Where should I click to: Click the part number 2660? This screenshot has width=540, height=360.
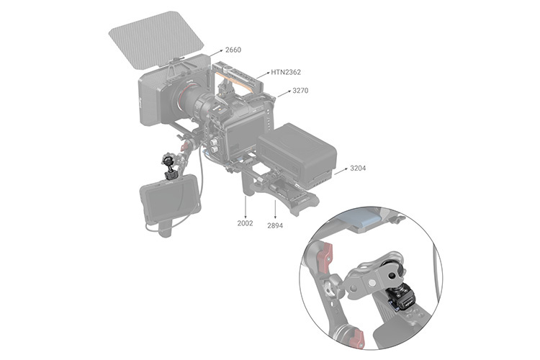pos(233,50)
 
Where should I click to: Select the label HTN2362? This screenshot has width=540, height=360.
pos(286,72)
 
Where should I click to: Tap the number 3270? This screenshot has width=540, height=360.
pos(300,91)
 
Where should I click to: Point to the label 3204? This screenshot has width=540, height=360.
pos(358,168)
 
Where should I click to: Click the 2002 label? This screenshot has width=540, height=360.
pos(245,223)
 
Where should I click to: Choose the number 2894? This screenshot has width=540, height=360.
pos(275,225)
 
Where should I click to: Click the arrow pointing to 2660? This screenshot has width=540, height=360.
pos(216,53)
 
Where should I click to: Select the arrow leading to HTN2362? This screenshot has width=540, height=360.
pos(263,75)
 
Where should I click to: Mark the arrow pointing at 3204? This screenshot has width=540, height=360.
pos(341,171)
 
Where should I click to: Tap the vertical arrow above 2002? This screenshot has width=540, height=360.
pos(246,207)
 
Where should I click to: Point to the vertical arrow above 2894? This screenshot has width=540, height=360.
pos(275,210)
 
